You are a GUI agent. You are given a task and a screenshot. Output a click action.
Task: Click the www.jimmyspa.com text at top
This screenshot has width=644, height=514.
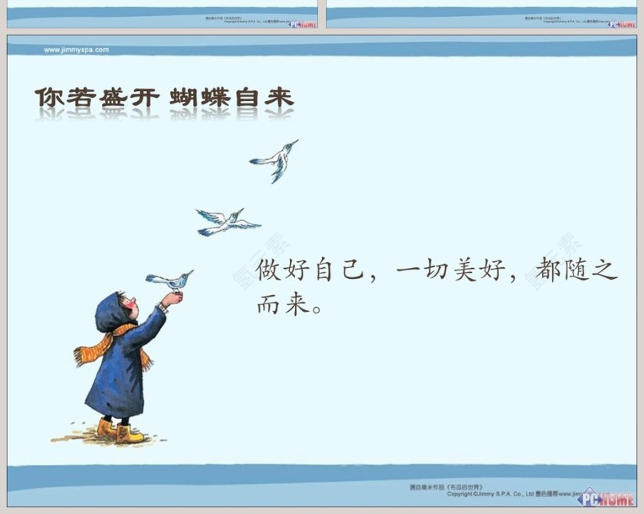click(77, 50)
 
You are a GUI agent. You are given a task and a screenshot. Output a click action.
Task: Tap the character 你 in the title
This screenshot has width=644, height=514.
click(48, 99)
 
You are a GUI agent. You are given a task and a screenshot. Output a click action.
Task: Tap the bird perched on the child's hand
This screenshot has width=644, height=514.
click(172, 280)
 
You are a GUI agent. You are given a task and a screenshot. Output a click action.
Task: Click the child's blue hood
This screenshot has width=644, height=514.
click(111, 311)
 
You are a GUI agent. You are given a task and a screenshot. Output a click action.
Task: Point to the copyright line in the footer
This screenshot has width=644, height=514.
click(498, 494)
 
